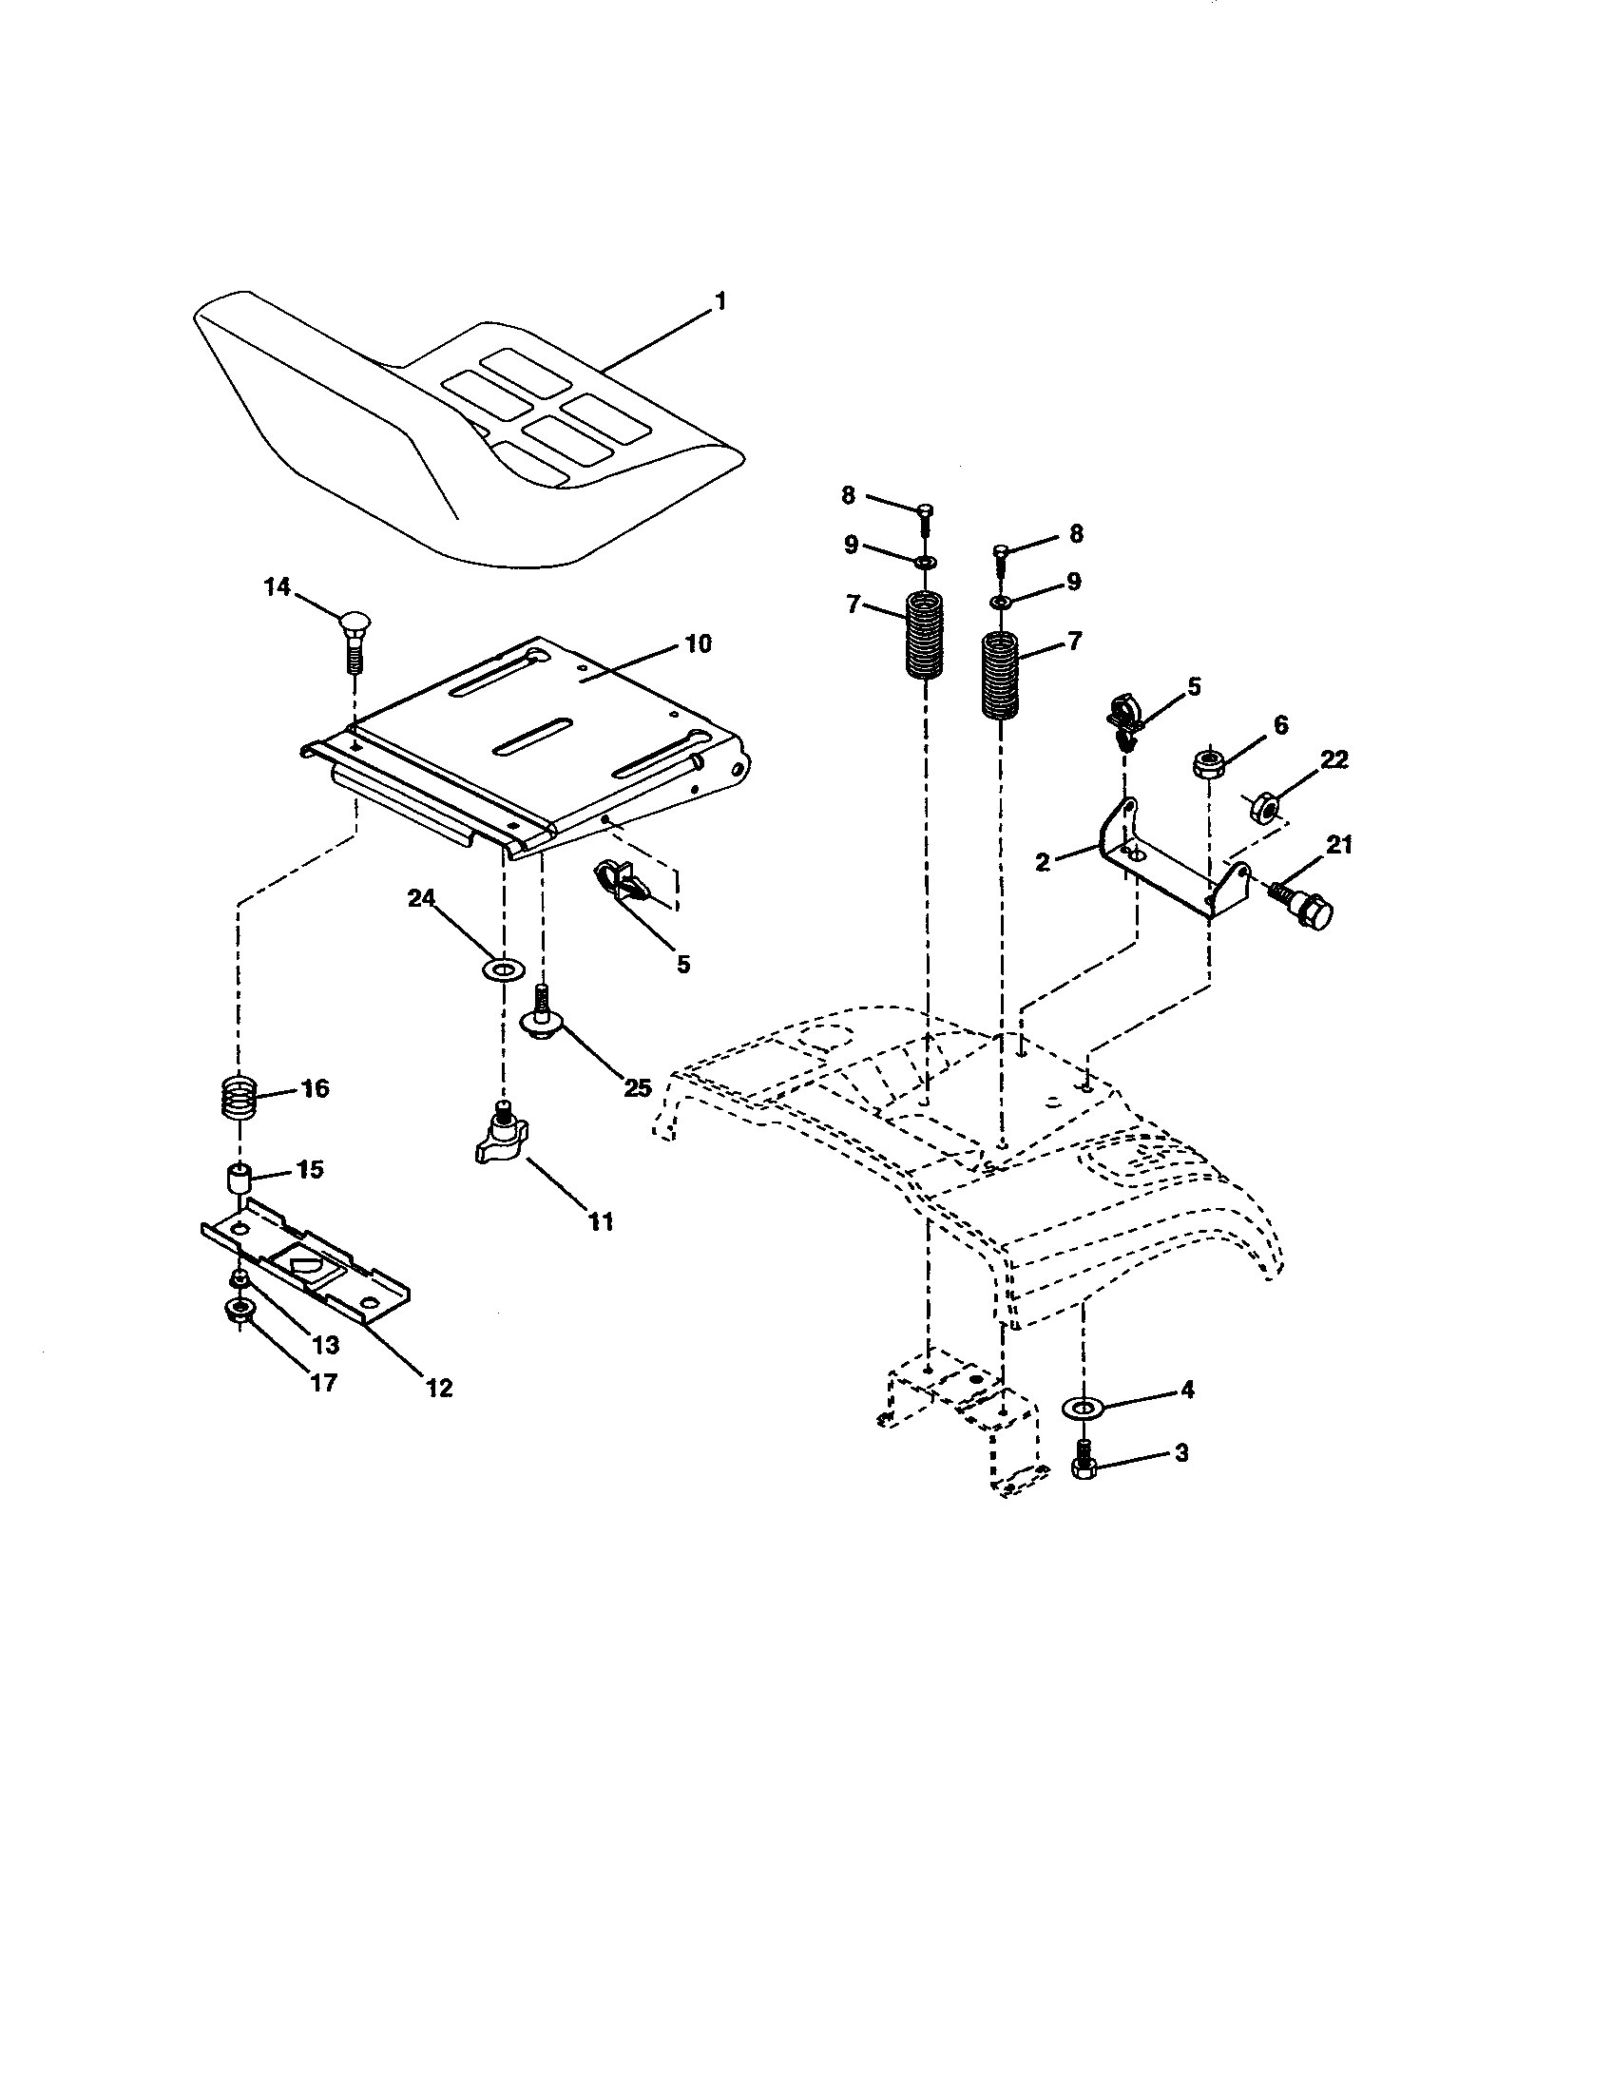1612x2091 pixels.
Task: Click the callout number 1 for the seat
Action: (720, 302)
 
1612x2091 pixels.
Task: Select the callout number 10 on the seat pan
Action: (698, 643)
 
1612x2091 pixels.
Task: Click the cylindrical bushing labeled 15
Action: (238, 1177)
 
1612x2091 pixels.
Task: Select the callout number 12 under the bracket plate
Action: (439, 1386)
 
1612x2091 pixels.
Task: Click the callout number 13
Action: (325, 1345)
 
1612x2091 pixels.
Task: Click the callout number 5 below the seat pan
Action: (682, 964)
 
